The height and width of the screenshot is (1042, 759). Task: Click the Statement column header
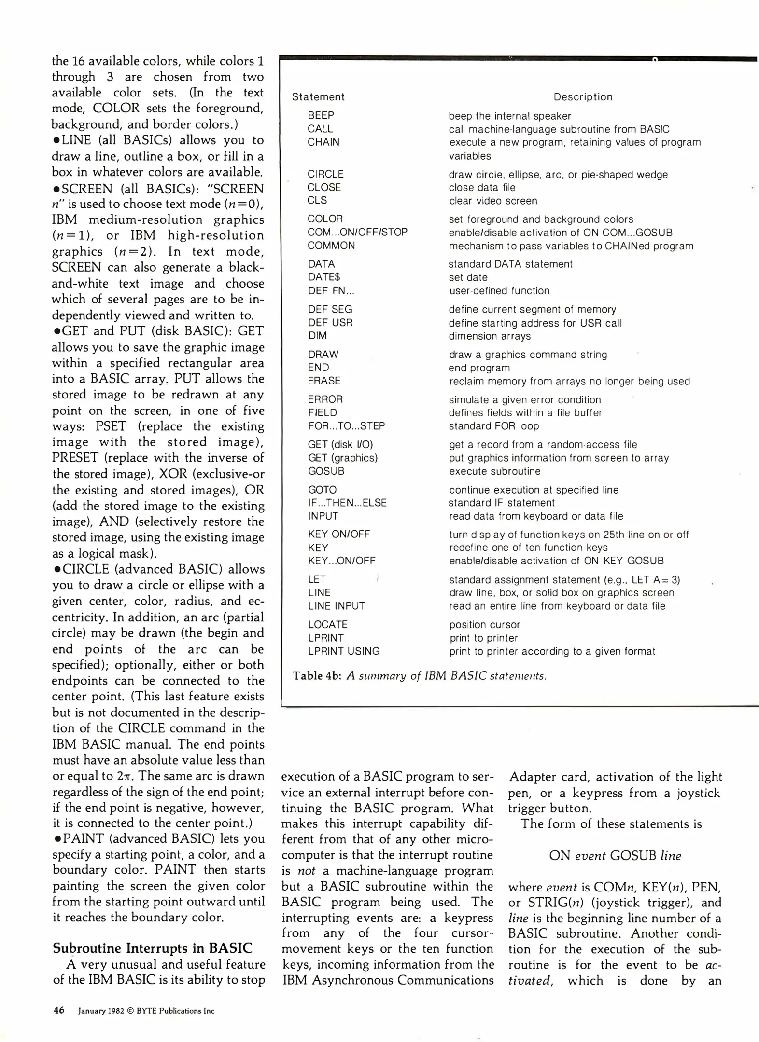(318, 96)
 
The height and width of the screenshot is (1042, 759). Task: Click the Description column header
(583, 96)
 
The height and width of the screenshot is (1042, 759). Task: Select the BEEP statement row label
(321, 115)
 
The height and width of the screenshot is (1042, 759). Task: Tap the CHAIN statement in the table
(323, 142)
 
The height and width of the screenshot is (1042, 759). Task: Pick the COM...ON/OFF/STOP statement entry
(357, 232)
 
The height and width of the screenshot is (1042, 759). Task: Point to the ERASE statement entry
(324, 381)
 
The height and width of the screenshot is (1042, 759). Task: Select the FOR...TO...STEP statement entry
(346, 426)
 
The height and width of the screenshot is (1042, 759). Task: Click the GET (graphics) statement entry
(342, 458)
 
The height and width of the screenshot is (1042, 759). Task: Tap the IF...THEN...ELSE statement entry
(347, 503)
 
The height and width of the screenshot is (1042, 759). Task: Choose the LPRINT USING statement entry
(344, 651)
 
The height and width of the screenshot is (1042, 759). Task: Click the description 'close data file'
(482, 187)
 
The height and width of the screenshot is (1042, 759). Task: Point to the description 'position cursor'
(484, 625)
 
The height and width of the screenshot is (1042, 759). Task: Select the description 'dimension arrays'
(490, 336)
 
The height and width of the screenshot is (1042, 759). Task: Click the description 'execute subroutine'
(494, 471)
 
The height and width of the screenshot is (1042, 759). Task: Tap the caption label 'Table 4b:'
(317, 676)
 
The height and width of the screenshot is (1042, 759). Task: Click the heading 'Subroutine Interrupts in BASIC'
(152, 948)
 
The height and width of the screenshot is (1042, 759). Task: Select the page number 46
(58, 1011)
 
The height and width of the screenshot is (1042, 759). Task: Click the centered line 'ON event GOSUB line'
(615, 856)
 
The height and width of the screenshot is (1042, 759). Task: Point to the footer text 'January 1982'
(101, 1011)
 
